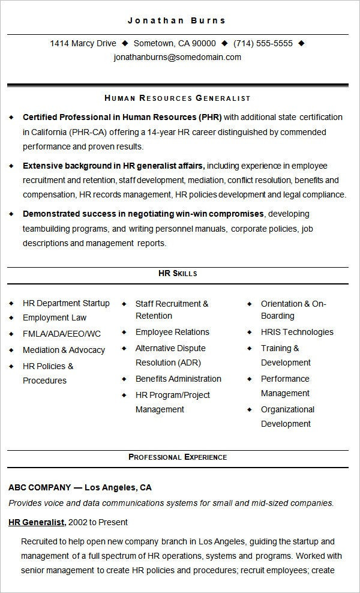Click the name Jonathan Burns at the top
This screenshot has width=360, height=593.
click(177, 20)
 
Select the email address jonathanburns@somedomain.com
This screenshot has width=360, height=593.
click(178, 58)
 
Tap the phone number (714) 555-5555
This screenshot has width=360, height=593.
click(263, 43)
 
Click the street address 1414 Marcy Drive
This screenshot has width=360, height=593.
click(83, 43)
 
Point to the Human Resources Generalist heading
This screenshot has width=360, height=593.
click(177, 98)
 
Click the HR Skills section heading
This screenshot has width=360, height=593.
click(178, 274)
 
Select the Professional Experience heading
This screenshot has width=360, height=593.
click(178, 457)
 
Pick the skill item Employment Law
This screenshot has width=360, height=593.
click(55, 318)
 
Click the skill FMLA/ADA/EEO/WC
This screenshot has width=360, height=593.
click(62, 334)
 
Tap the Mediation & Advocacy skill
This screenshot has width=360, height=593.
click(64, 350)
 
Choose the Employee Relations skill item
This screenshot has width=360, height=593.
click(172, 332)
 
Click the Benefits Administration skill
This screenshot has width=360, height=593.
click(178, 379)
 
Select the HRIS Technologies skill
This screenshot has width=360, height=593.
click(297, 332)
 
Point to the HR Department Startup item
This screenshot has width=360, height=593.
click(66, 303)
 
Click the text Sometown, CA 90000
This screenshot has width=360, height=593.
click(175, 43)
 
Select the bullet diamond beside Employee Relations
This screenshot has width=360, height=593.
click(124, 332)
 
